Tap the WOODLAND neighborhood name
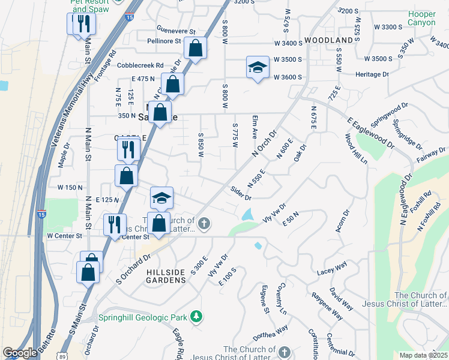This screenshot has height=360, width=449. pyautogui.click(x=329, y=40)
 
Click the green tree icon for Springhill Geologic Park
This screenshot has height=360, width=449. pyautogui.click(x=195, y=316)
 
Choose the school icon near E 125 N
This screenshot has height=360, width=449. pyautogui.click(x=161, y=197)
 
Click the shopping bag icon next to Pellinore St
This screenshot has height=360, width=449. pyautogui.click(x=196, y=48)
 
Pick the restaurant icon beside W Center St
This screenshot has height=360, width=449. pyautogui.click(x=114, y=224)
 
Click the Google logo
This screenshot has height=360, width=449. pyautogui.click(x=20, y=353)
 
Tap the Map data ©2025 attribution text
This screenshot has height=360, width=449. pyautogui.click(x=423, y=355)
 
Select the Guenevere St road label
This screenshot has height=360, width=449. pyautogui.click(x=176, y=31)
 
